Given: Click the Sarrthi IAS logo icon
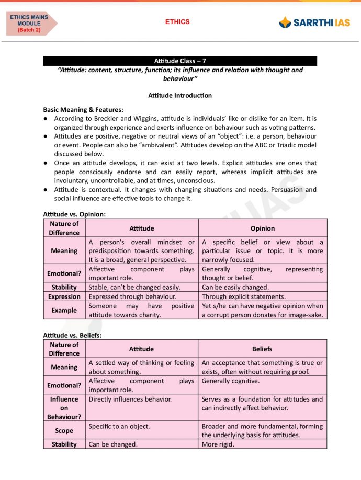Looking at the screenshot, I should pos(285,22).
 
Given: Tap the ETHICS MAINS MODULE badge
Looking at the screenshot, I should pos(30,24).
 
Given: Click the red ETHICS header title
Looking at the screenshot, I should pos(177,22).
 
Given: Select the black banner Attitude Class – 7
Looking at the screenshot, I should pos(180,61).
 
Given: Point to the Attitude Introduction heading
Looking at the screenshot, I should pos(180,95).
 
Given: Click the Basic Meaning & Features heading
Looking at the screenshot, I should pos(83,110).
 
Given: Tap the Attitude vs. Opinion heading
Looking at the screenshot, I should pos(74,214).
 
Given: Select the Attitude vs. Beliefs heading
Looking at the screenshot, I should pos(72,335).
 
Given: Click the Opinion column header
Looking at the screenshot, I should pos(263,228).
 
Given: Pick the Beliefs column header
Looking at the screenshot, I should pos(262,349).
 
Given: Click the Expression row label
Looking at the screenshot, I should pos(64,296).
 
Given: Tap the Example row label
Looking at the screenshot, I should pos(64,310).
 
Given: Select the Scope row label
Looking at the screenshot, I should pos(64,430).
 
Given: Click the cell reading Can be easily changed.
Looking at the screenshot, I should pos(235,287).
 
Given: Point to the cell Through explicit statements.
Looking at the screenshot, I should pos(244,296).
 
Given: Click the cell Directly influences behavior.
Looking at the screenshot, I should pos(130,399).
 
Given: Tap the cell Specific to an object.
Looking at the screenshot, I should pos(119,426).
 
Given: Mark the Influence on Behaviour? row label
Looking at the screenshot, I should pos(64,408).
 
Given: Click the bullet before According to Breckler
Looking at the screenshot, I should pos(46,119).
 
